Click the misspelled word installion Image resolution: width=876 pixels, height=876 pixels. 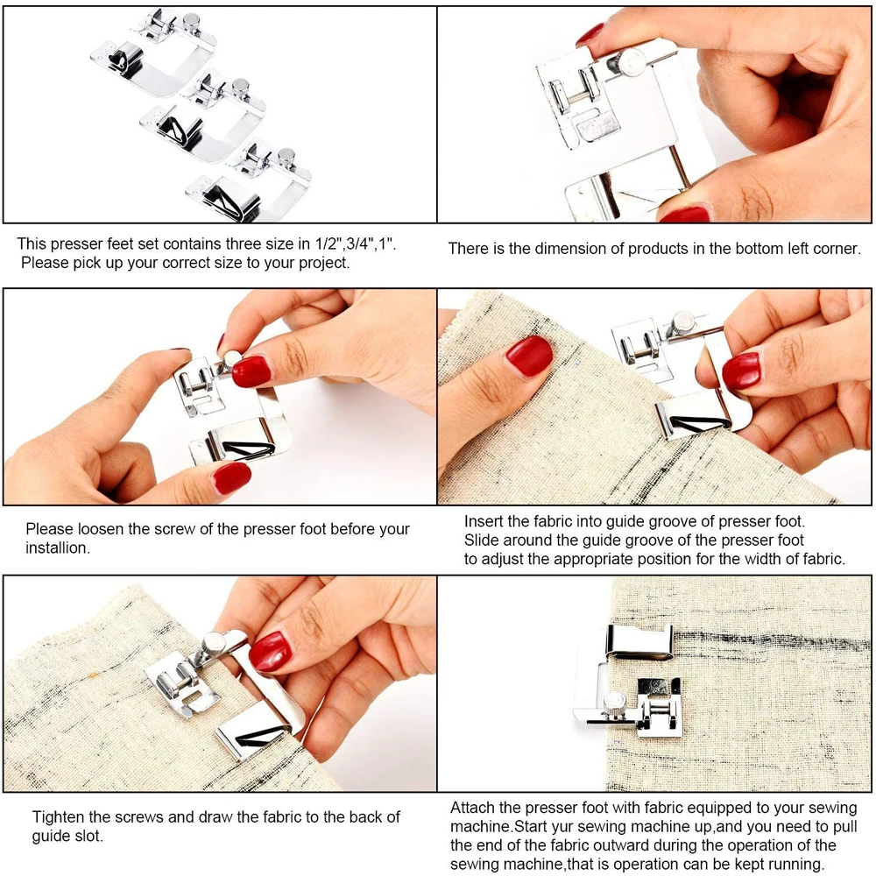[58, 548]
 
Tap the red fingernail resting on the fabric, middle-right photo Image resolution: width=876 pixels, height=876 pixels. [529, 356]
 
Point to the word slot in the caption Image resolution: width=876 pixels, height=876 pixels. [86, 836]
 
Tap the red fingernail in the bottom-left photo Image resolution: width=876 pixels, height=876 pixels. [269, 651]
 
